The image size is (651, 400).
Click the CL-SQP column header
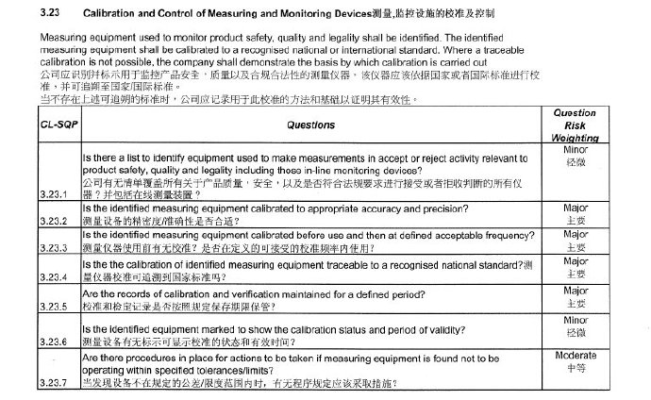(x=58, y=124)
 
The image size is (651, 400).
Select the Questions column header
(x=311, y=124)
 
